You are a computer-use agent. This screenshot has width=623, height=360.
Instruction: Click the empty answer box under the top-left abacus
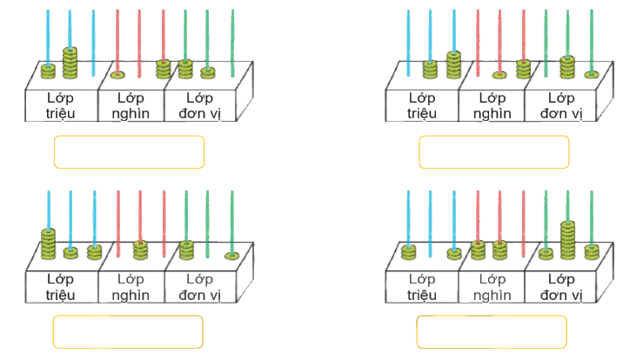point(129,151)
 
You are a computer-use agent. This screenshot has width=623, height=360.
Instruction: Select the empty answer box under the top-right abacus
point(493,152)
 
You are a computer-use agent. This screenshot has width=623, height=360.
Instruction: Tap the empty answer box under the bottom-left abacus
point(128,331)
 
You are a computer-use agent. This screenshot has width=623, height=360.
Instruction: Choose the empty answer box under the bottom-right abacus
point(491,331)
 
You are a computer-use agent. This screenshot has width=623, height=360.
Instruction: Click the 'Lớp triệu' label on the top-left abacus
point(60,106)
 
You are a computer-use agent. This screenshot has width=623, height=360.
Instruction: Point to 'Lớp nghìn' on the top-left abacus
point(131,106)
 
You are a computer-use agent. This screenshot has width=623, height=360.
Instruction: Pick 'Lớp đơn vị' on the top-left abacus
point(197,106)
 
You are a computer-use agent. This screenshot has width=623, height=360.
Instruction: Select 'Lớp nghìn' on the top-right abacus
point(492,106)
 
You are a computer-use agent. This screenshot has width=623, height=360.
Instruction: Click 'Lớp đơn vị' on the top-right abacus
point(559,106)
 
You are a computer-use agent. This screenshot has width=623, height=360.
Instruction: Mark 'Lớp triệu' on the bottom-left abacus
point(60,286)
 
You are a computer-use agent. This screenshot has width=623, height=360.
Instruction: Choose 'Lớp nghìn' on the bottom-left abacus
point(131,286)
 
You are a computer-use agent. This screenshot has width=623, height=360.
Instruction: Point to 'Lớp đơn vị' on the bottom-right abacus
point(559,286)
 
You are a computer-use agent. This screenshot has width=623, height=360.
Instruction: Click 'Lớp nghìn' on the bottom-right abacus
point(492,286)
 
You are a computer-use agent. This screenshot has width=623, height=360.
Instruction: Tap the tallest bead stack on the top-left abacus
point(70,63)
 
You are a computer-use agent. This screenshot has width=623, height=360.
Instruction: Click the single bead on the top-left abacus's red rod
point(117,74)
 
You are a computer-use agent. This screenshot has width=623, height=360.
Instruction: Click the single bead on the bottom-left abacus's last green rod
point(231,255)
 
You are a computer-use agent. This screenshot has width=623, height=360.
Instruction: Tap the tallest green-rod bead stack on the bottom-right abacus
point(567,239)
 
